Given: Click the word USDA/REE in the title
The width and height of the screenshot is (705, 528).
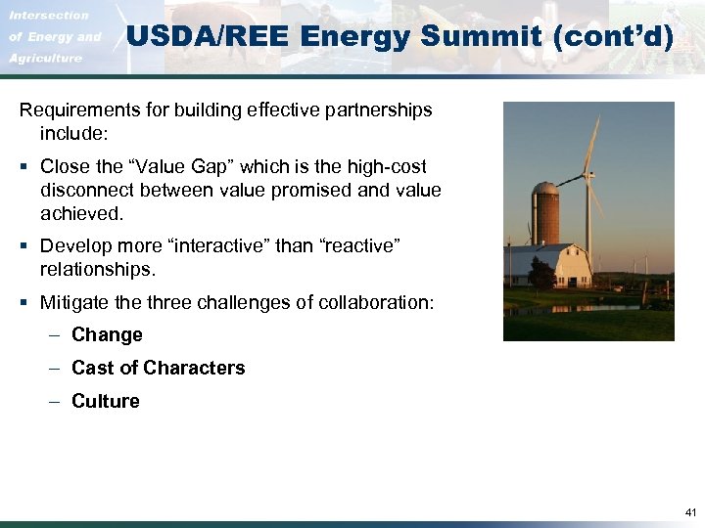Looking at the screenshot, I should (209, 38).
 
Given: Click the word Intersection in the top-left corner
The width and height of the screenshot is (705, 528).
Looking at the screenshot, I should (49, 16).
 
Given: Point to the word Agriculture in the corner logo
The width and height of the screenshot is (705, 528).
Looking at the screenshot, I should (45, 59).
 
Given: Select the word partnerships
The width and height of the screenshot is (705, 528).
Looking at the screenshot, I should (378, 110).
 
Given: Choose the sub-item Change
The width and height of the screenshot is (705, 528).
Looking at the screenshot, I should (107, 335).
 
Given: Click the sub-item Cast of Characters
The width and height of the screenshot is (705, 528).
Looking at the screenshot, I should (158, 369).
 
